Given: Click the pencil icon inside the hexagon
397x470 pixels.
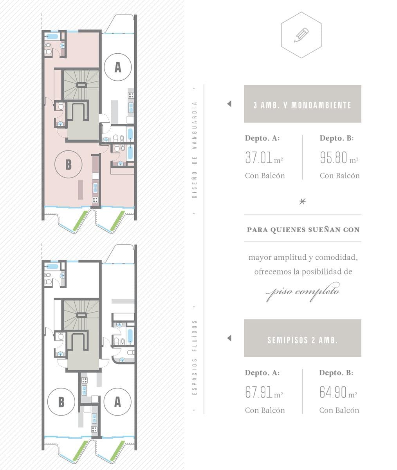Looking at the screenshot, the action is [301, 35].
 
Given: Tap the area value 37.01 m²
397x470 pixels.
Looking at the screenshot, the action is [264, 157].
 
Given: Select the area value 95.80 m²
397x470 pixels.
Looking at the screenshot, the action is [339, 157].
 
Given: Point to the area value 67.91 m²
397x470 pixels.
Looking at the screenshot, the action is [264, 392].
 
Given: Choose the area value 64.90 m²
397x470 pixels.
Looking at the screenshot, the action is [338, 392].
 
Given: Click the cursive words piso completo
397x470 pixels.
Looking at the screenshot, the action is [303, 291].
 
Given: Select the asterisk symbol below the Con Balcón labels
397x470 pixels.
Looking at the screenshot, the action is [303, 201].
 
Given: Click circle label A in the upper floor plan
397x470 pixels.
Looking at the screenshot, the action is [118, 67].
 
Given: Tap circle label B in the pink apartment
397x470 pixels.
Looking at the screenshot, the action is [69, 164].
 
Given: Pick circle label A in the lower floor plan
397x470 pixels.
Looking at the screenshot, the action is [117, 401].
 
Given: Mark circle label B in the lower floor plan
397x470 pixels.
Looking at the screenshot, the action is [61, 402].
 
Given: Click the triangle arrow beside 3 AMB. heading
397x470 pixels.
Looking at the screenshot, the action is [229, 104].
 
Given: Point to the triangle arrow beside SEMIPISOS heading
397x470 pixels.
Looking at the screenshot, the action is [229, 338].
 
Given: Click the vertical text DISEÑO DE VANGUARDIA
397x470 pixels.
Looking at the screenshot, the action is [195, 150].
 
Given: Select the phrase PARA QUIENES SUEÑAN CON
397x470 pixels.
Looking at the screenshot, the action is [303, 230].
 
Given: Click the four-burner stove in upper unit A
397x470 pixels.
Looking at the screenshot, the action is [131, 95].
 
